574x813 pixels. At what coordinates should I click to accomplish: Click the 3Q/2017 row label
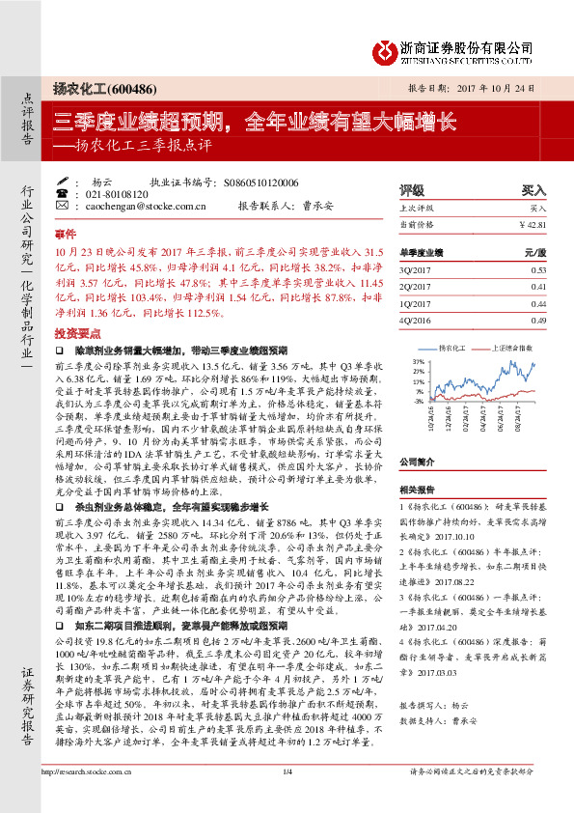click(413, 270)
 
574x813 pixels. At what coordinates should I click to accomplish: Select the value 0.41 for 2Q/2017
click(538, 287)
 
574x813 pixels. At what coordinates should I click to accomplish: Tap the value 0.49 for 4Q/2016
click(538, 320)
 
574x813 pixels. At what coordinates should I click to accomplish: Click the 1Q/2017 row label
click(413, 303)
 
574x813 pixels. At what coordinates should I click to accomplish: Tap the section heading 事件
click(65, 235)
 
